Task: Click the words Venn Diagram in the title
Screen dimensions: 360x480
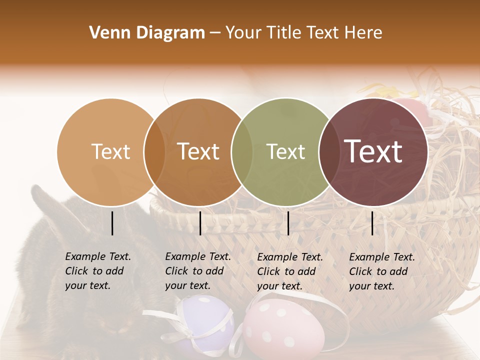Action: (x=147, y=33)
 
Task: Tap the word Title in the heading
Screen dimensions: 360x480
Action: (x=283, y=33)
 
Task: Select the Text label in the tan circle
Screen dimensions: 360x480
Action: (x=110, y=152)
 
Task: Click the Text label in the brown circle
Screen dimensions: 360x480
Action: (x=198, y=152)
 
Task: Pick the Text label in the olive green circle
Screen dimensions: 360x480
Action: (x=285, y=152)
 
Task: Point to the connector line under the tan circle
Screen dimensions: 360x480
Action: (x=112, y=223)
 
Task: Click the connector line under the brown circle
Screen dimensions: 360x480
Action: (x=200, y=223)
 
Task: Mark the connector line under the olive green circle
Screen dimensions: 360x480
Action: (x=288, y=223)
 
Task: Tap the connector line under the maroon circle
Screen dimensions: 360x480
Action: (x=372, y=223)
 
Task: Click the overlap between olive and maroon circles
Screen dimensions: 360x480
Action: (x=329, y=152)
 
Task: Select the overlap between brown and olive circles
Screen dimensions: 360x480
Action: (x=242, y=152)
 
